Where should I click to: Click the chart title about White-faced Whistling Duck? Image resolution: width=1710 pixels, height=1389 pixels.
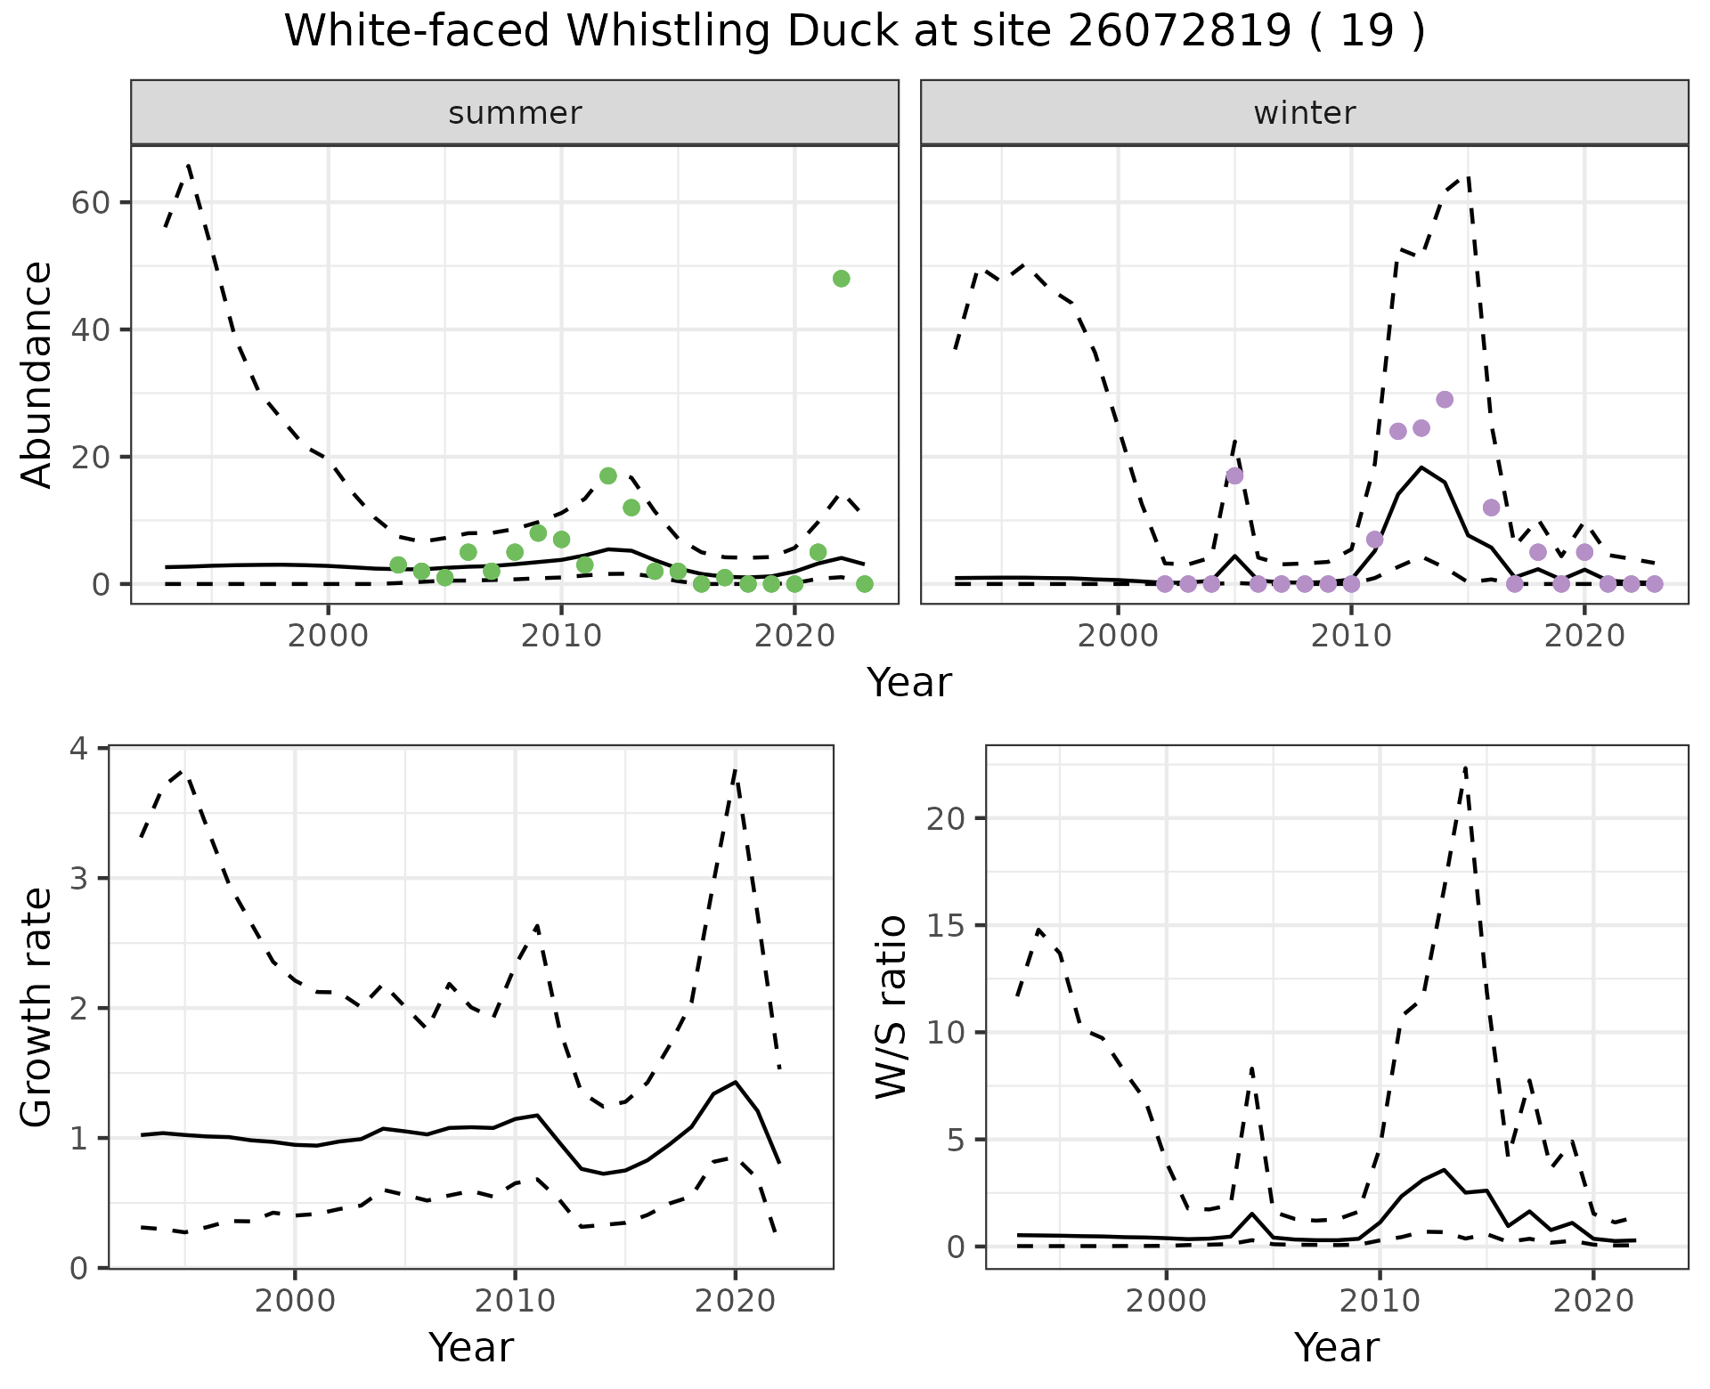854,32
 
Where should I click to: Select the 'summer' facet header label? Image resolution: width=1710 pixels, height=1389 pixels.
515,113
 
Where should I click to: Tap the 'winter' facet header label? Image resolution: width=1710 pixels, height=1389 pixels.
1304,113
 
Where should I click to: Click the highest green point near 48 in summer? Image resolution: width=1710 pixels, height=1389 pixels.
841,279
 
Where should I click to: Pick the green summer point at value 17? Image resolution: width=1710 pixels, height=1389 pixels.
608,475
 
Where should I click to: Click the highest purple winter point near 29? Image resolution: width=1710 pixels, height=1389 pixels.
1445,400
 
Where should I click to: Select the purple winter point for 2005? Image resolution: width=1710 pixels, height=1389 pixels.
1234,475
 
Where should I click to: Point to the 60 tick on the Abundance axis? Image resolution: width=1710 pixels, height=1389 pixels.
89,203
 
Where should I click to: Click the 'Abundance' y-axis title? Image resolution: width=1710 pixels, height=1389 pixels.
37,374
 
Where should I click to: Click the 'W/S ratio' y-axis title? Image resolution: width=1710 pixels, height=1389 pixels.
892,1007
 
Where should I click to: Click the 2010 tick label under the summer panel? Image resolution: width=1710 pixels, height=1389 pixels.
561,638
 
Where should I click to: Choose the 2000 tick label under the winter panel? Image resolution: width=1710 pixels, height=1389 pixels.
1118,638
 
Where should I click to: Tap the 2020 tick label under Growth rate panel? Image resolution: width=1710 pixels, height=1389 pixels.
735,1301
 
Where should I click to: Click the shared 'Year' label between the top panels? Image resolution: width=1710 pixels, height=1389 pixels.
909,683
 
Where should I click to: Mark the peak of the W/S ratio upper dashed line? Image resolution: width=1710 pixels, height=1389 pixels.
1465,768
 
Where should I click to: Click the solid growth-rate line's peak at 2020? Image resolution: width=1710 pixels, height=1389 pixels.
736,1082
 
